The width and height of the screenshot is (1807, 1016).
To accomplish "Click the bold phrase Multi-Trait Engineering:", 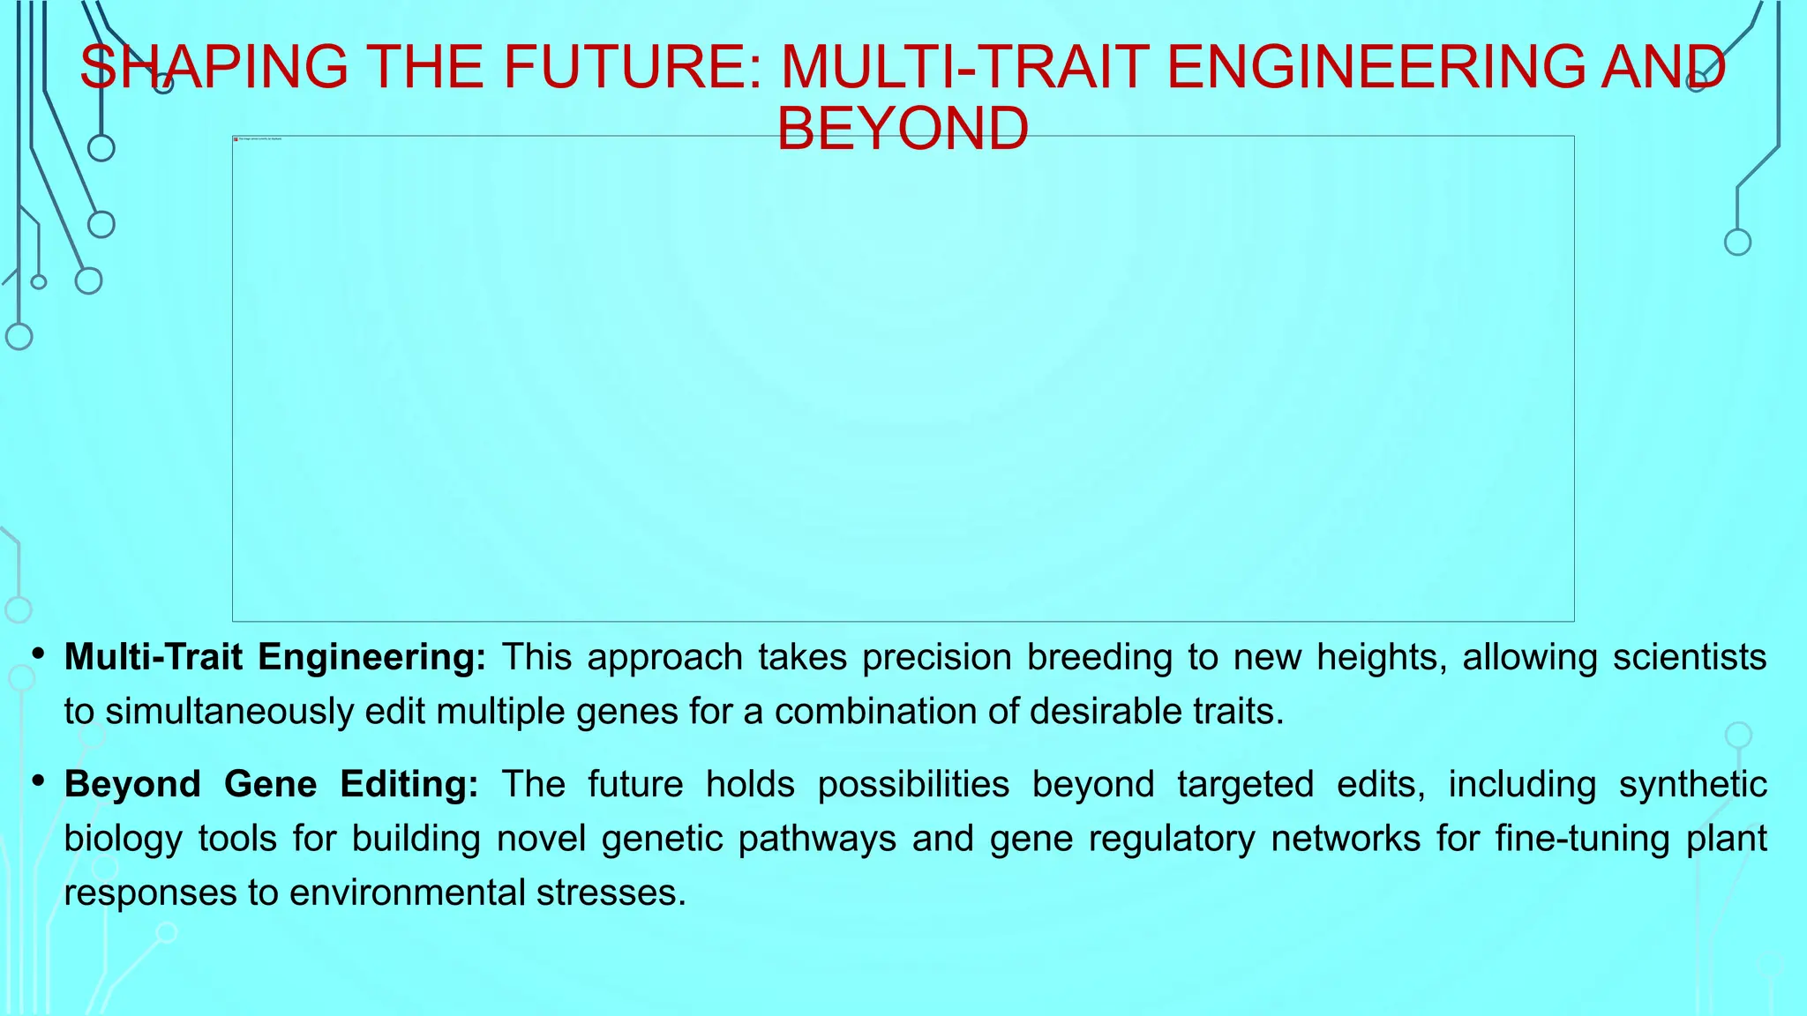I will [x=274, y=658].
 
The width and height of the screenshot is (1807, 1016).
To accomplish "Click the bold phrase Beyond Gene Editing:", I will [x=271, y=785].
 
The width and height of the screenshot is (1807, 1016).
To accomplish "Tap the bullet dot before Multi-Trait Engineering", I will [x=38, y=655].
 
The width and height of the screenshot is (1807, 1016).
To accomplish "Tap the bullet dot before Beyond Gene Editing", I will [x=38, y=782].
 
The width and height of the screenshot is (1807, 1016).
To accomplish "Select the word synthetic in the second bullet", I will [x=1692, y=785].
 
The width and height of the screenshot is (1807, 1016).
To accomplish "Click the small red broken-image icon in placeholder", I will [x=236, y=139].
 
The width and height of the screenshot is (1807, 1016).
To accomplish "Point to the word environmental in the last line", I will [x=407, y=893].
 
